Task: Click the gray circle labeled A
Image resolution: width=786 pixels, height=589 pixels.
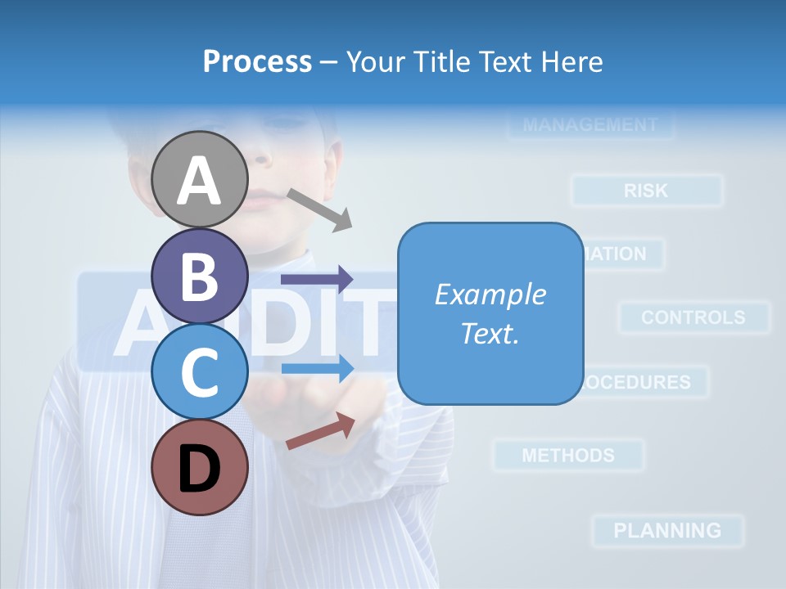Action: click(199, 179)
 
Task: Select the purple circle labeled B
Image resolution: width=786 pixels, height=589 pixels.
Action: click(199, 276)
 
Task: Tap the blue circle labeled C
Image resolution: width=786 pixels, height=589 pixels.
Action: click(199, 371)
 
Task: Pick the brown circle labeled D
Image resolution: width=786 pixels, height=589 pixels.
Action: click(199, 467)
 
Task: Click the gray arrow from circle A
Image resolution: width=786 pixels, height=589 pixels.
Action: click(319, 209)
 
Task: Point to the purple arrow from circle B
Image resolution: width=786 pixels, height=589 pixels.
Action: click(317, 280)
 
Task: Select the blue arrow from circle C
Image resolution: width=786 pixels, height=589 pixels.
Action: click(317, 368)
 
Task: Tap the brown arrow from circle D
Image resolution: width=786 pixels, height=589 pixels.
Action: click(320, 431)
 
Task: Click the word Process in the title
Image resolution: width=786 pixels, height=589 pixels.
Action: click(257, 61)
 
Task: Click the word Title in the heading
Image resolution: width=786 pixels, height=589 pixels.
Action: click(442, 61)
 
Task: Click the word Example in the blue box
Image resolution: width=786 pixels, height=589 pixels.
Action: click(490, 294)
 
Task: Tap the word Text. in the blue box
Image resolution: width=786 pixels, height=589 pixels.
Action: click(490, 333)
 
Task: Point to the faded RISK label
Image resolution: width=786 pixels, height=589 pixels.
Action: click(646, 191)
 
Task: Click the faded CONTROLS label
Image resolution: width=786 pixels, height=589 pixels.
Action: click(693, 317)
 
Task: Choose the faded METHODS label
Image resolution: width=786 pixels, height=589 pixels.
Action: click(568, 455)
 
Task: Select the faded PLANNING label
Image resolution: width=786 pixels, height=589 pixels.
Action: click(667, 530)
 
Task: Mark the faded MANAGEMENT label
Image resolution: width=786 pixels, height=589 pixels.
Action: click(589, 125)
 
